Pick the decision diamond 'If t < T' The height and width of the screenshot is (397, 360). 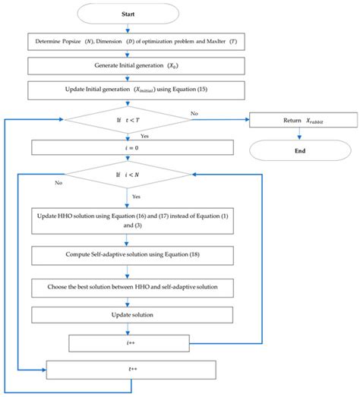tap(128, 118)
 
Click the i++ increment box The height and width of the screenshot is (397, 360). tap(128, 344)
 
